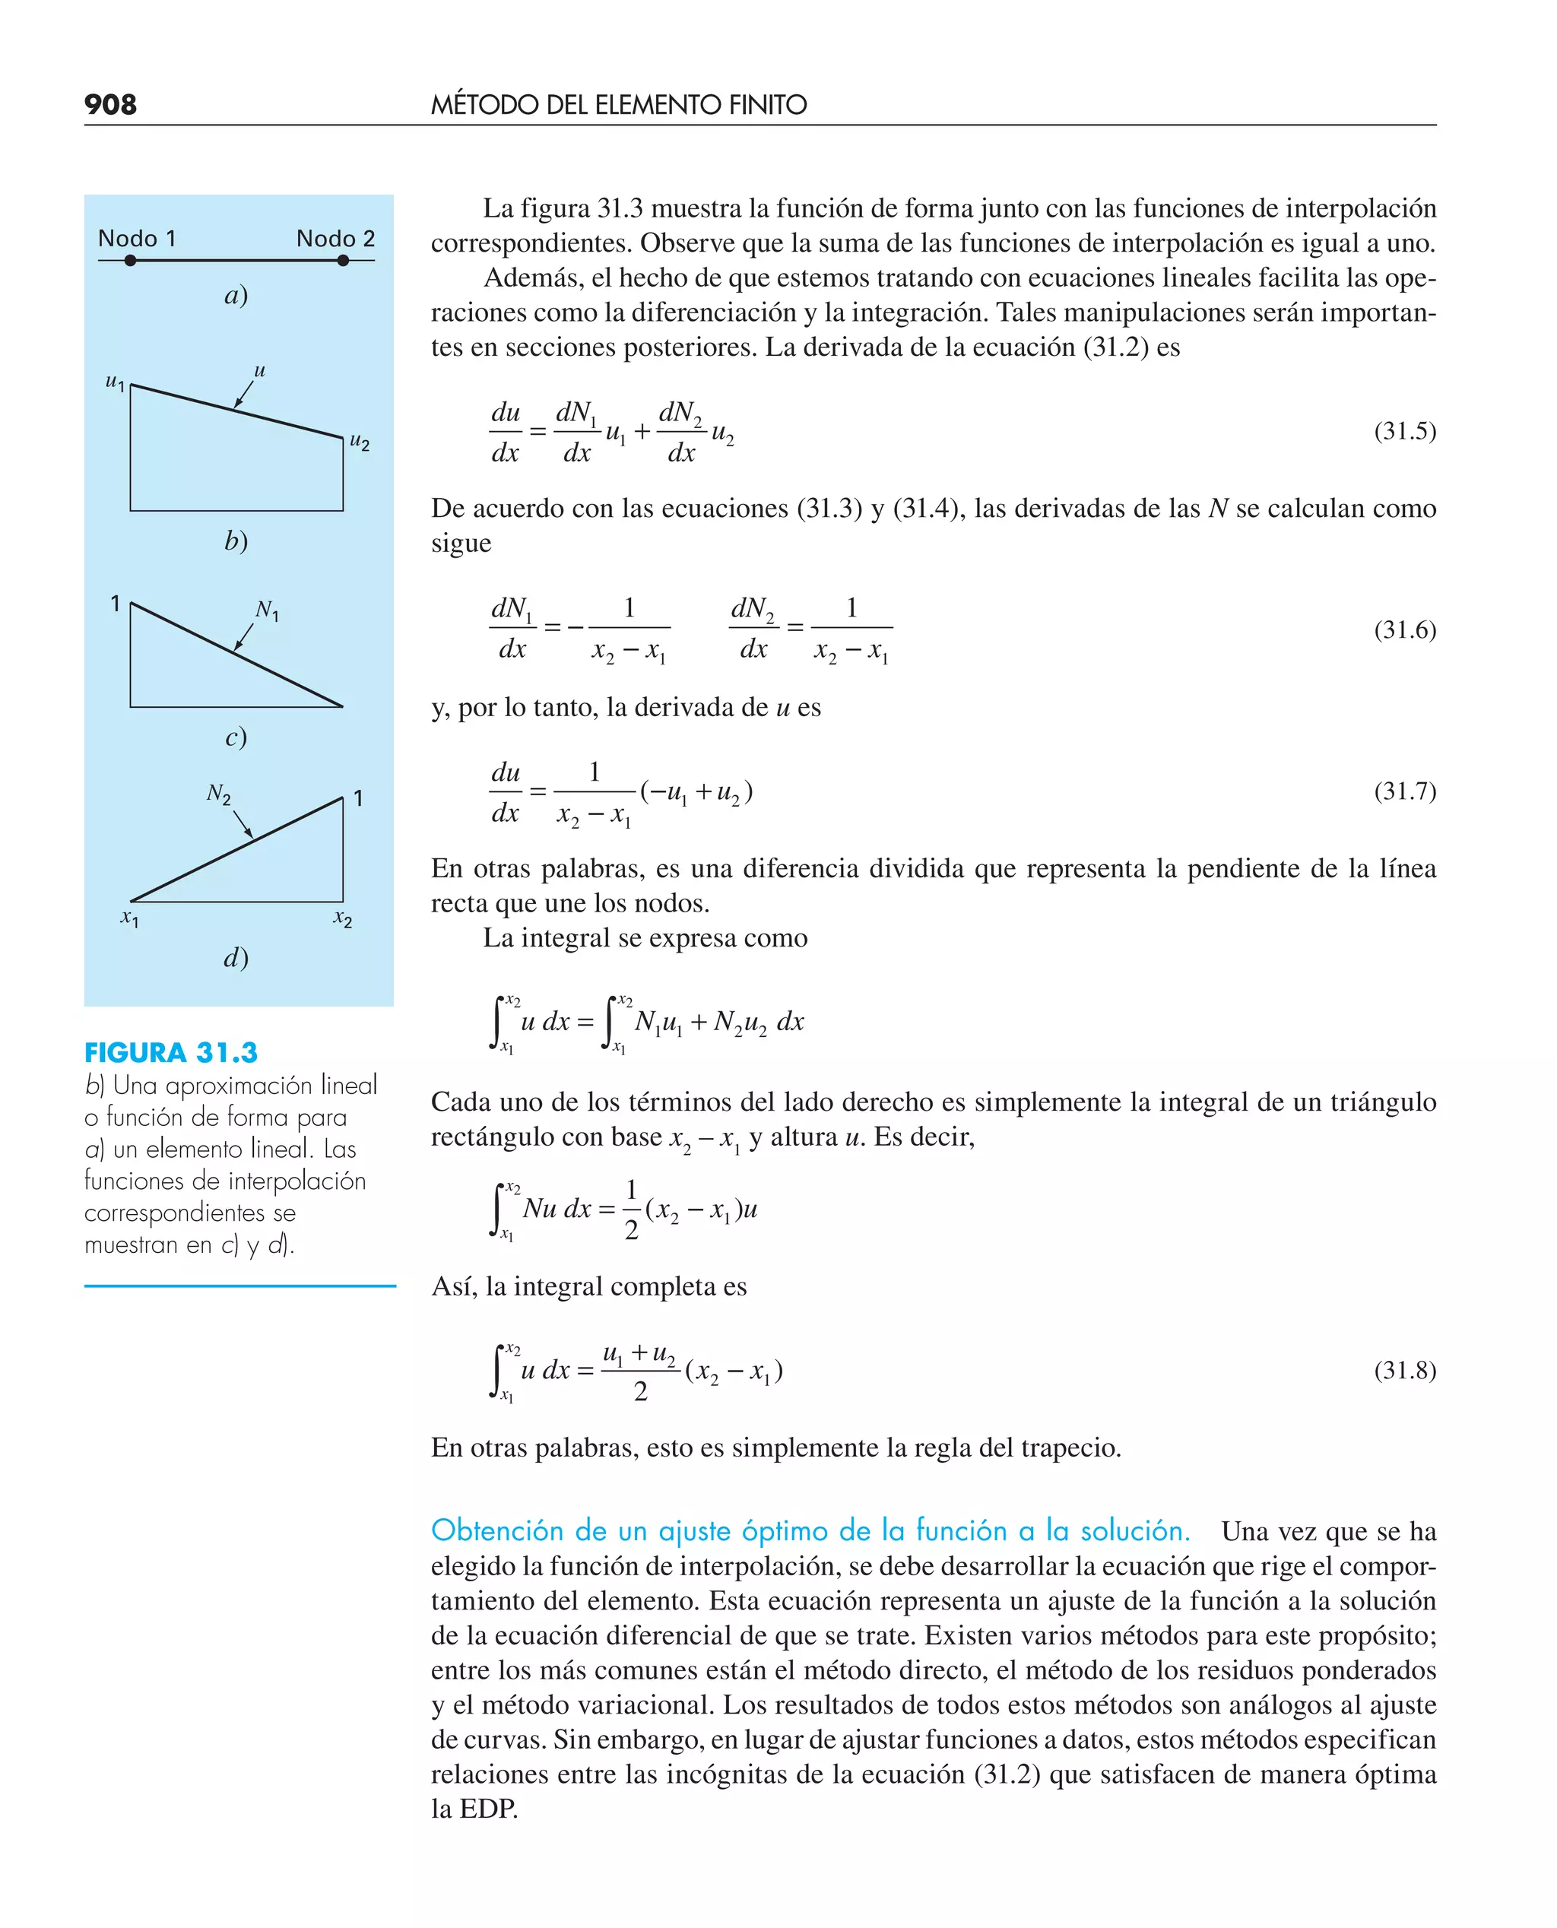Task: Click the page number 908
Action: [110, 104]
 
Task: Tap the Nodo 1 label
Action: [136, 239]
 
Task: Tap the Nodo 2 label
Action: [335, 239]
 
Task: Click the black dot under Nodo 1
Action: [131, 261]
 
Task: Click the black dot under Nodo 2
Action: [343, 261]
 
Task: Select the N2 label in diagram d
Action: [219, 794]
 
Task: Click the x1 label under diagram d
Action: [130, 918]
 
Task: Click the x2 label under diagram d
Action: [343, 918]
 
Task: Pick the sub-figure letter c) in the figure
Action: [236, 737]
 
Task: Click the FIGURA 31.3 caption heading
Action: [170, 1052]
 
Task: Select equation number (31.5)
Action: [1404, 431]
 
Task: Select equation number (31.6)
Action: [1404, 629]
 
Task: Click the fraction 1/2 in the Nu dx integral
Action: [632, 1210]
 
